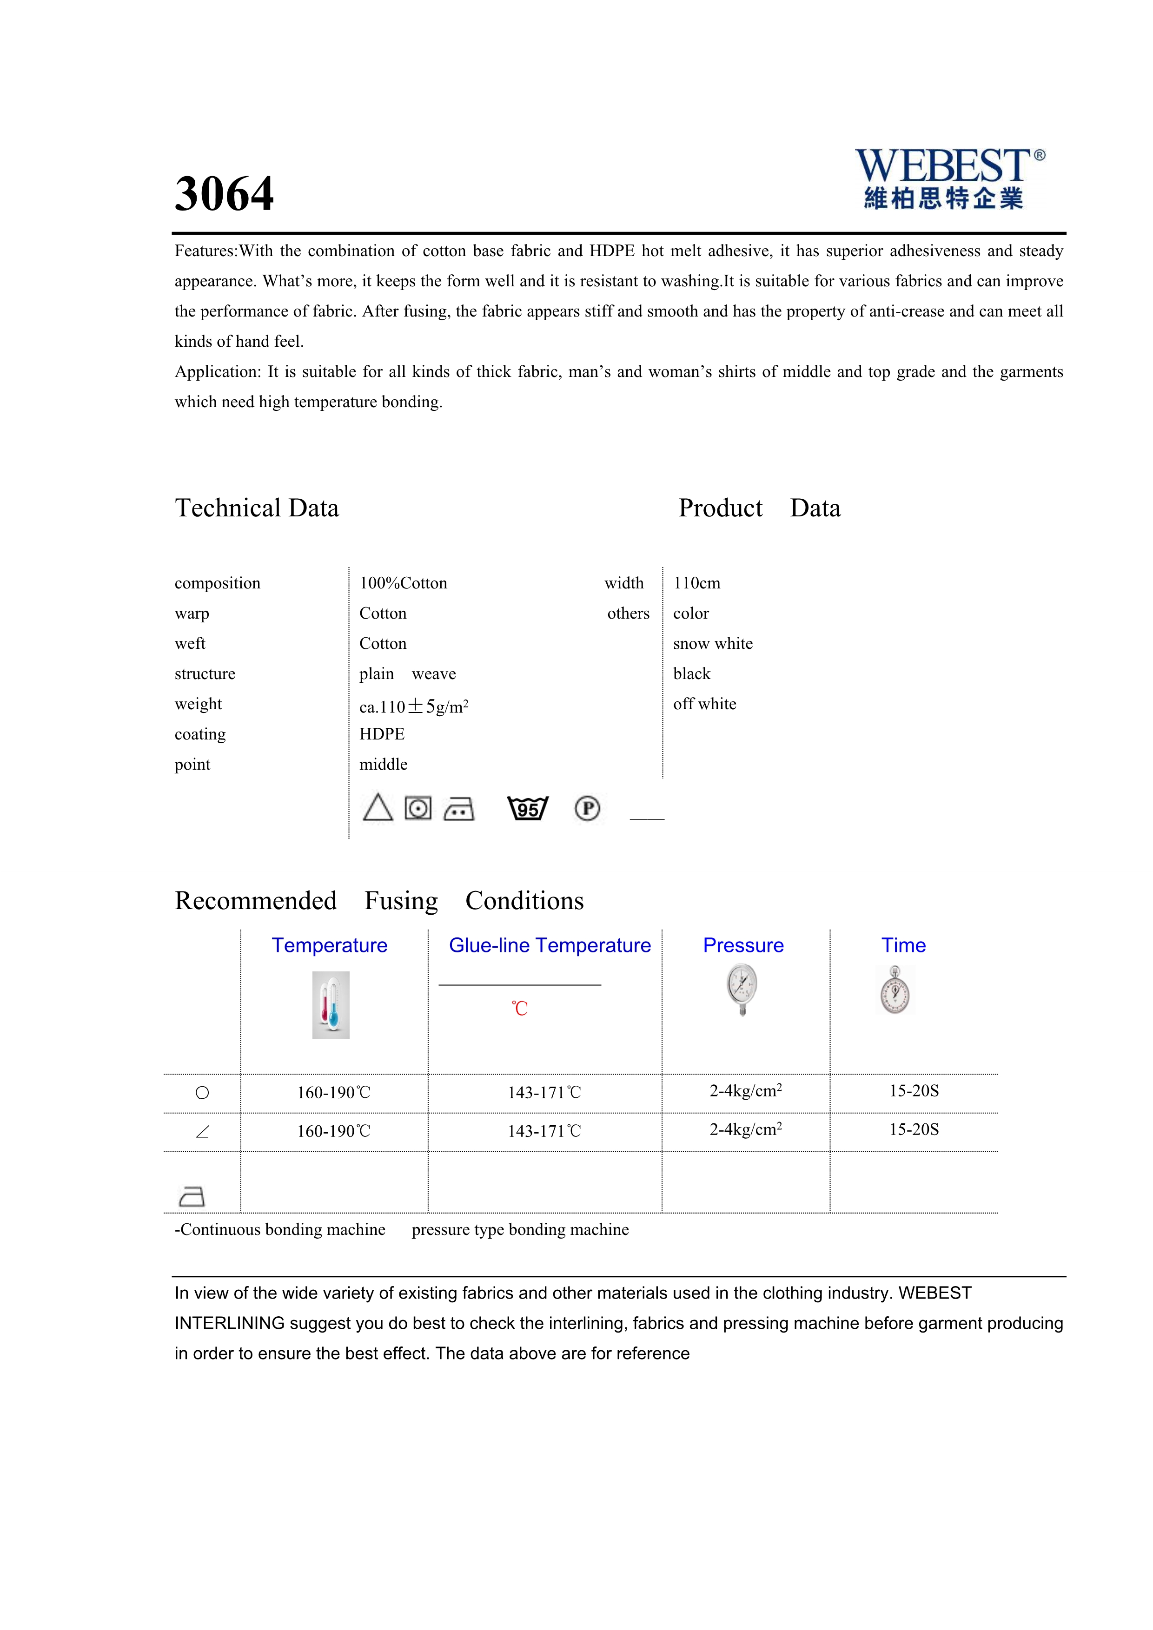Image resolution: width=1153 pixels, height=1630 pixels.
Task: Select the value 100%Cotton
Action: [403, 583]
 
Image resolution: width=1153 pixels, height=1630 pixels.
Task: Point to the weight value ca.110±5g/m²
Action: [414, 706]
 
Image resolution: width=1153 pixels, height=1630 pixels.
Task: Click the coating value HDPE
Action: [382, 734]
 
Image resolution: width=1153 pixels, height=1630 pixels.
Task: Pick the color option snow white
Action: [713, 643]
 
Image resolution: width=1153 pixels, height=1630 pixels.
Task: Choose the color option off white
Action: [704, 704]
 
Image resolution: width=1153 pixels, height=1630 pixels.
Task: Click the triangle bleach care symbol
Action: [378, 808]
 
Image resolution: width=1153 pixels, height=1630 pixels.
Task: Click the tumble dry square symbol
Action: [418, 808]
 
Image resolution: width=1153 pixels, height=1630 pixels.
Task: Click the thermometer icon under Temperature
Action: [331, 1004]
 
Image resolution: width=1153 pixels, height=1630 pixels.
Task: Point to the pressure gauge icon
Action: [742, 989]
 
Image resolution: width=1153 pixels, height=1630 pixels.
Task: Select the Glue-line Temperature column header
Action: [550, 946]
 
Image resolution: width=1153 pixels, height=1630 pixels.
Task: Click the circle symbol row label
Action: [202, 1093]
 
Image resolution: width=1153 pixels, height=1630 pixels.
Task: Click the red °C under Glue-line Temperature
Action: [520, 1008]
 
